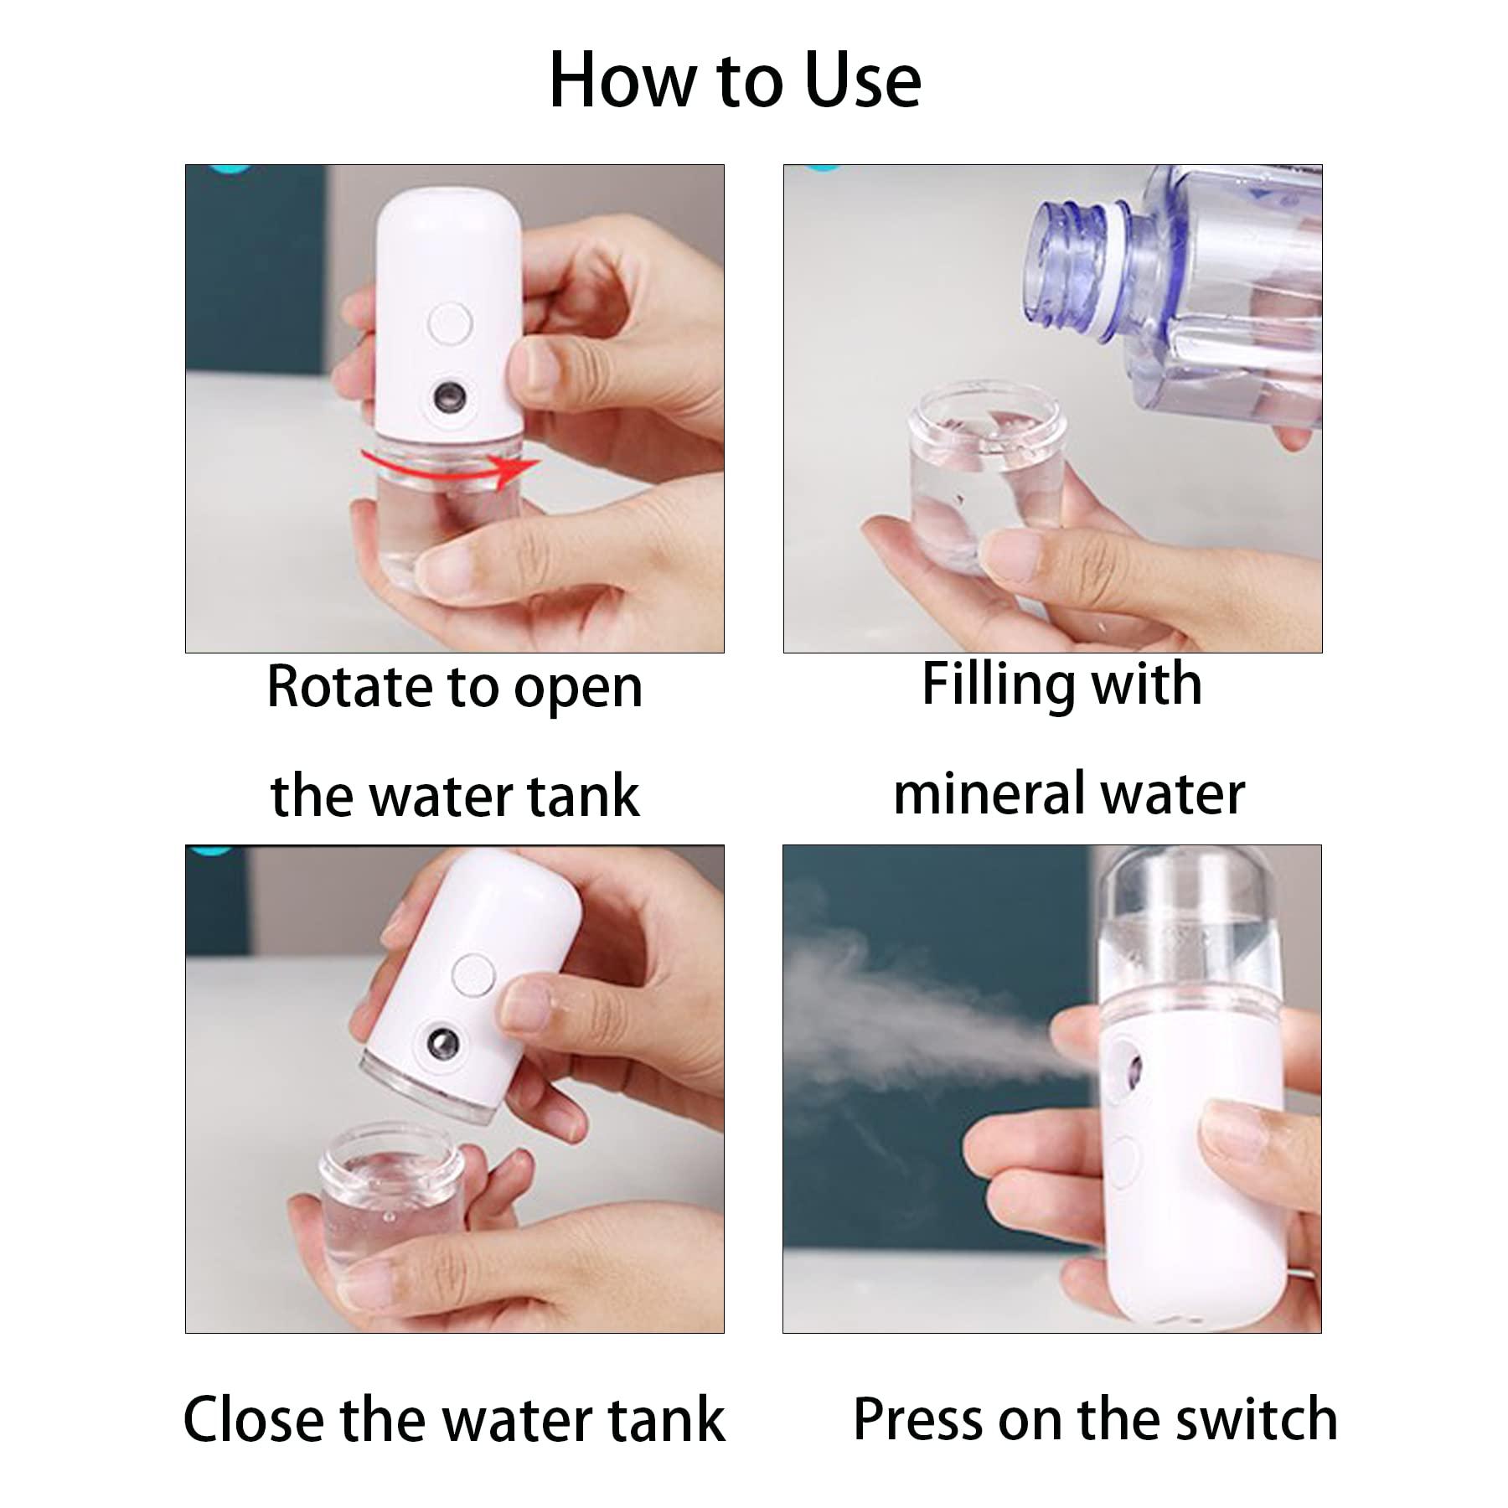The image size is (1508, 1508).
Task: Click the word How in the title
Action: point(622,81)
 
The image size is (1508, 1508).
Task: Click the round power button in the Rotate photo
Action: point(449,323)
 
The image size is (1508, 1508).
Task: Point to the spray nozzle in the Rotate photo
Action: point(451,395)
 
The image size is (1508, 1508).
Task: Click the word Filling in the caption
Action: point(992,685)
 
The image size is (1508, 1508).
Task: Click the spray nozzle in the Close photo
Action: point(442,1044)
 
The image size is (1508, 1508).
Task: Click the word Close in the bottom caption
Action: point(254,1419)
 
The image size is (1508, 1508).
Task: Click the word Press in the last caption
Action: point(917,1419)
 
